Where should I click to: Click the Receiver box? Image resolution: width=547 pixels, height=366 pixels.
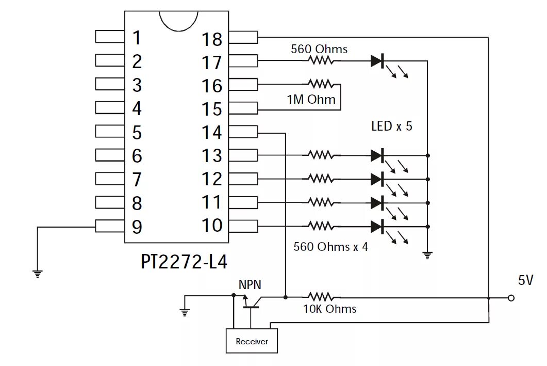(x=252, y=341)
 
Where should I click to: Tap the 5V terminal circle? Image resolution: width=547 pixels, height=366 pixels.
(x=511, y=298)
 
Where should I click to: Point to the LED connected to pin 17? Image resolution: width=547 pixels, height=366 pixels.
(x=378, y=61)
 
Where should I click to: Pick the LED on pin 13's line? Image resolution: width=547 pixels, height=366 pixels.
(x=378, y=155)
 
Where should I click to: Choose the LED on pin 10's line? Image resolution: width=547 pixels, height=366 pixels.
(x=378, y=227)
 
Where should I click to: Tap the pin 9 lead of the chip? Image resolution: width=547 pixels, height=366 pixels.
(x=110, y=226)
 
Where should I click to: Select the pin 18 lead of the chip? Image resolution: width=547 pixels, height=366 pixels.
(x=243, y=37)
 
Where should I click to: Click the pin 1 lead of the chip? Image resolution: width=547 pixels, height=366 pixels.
(x=110, y=37)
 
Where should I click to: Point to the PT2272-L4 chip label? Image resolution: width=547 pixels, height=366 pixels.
(x=184, y=261)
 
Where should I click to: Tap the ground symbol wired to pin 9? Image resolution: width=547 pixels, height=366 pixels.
(x=37, y=274)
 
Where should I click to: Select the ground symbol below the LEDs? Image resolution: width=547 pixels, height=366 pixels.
(x=427, y=256)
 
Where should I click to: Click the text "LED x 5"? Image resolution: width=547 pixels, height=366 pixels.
(x=392, y=126)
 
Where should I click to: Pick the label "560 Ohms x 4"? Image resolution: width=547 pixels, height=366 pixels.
(x=330, y=247)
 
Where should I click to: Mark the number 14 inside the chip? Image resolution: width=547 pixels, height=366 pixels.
(x=212, y=132)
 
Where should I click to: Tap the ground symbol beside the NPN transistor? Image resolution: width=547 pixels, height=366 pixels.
(x=185, y=312)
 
